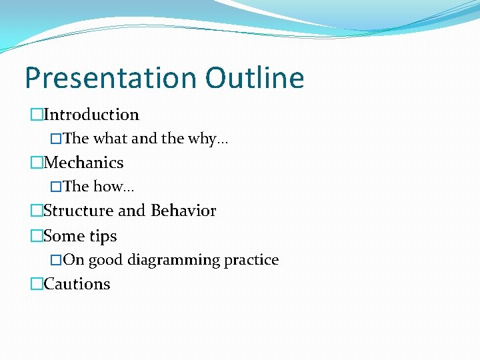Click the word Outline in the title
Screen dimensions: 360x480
tap(255, 78)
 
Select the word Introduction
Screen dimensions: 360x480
tap(91, 115)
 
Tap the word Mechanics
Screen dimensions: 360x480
tap(83, 163)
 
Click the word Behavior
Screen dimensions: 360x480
tap(183, 211)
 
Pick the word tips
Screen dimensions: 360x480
tap(103, 236)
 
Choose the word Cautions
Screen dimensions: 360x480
tap(77, 284)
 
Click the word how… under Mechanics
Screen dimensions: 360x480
tap(109, 187)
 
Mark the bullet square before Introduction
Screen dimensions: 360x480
tap(36, 115)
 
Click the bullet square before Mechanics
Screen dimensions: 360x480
tap(36, 163)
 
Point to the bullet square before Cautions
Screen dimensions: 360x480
tap(36, 285)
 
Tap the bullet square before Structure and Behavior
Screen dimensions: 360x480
tap(36, 211)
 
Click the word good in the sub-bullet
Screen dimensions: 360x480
tap(105, 260)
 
